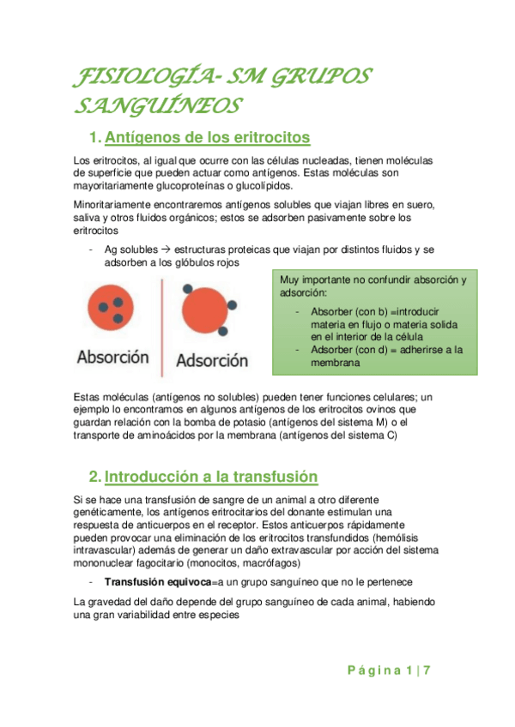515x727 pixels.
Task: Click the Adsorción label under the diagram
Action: click(212, 360)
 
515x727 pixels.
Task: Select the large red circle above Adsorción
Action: click(205, 314)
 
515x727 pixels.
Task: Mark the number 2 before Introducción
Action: click(95, 477)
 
